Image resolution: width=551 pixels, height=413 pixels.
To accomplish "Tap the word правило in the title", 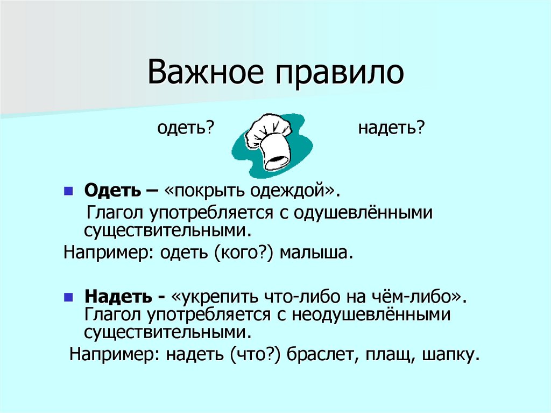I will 340,74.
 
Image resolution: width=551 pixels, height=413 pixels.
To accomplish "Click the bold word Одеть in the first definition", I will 105,191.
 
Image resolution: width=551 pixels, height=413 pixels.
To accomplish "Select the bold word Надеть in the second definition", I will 111,297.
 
